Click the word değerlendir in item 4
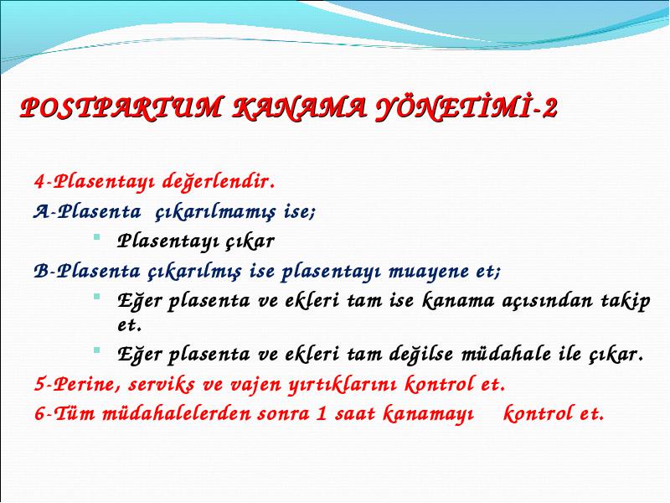[x=219, y=181]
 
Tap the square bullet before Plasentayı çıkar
[x=97, y=236]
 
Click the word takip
[x=626, y=302]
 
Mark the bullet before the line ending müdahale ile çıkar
[x=97, y=350]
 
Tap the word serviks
[x=162, y=385]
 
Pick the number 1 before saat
[x=321, y=413]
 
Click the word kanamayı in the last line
[x=428, y=414]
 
